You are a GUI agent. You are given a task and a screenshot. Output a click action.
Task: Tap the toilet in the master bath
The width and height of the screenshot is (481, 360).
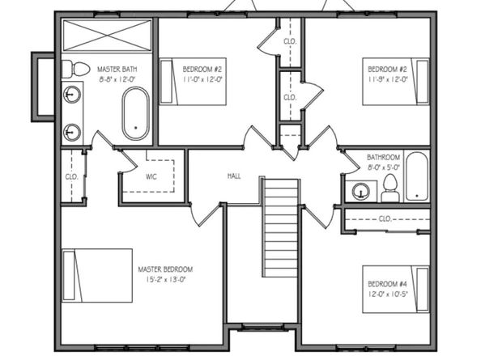click(74, 69)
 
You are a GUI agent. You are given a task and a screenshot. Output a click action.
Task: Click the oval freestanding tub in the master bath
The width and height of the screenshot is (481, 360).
click(135, 114)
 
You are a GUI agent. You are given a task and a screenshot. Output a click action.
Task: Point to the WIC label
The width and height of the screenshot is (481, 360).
click(151, 175)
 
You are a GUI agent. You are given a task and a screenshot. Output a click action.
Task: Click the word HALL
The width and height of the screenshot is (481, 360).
click(234, 176)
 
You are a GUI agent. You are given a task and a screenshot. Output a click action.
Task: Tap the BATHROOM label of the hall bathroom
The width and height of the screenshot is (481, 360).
click(383, 158)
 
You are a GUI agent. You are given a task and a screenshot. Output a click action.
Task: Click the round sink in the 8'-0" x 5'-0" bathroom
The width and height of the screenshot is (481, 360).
click(362, 191)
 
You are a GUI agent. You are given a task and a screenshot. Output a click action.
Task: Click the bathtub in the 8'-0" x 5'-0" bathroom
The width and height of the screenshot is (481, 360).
click(415, 176)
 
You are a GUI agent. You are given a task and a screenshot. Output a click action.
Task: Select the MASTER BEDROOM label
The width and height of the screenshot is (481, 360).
click(165, 269)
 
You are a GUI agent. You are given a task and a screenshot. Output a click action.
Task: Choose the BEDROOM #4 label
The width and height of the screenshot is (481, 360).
click(387, 284)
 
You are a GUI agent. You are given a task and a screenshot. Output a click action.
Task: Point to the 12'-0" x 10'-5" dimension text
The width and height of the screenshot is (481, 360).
click(387, 294)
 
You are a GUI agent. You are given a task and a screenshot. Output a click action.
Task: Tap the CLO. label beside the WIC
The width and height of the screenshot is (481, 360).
click(70, 175)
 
